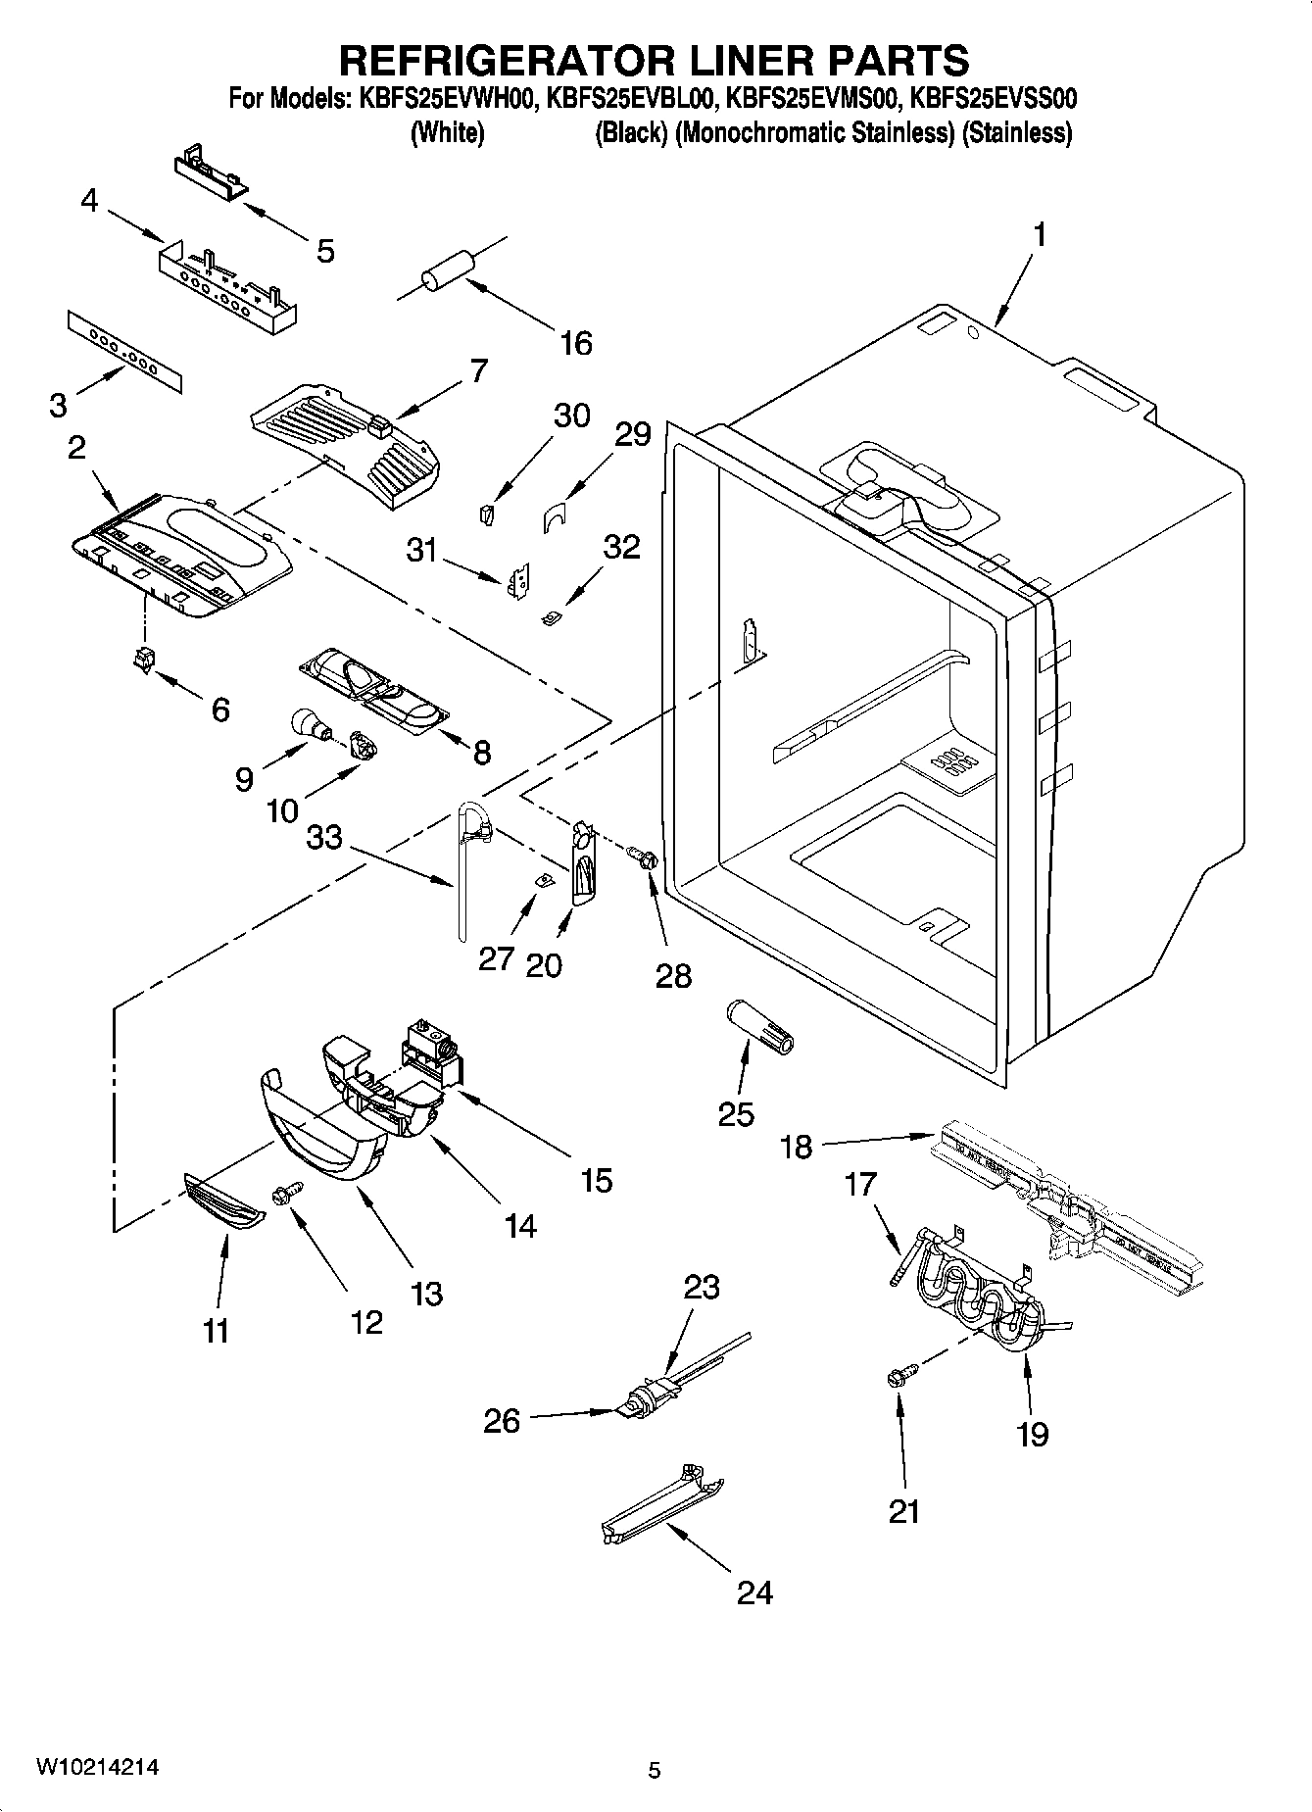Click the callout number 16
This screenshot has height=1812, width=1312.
[576, 343]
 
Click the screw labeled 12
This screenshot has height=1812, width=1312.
[291, 1193]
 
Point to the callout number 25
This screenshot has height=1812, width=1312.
[737, 1114]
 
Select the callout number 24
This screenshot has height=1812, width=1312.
[754, 1592]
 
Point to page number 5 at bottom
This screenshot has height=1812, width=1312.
[655, 1770]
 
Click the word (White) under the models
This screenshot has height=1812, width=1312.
[447, 133]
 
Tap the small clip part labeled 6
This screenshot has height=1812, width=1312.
[144, 661]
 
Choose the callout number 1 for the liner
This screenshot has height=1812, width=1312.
[1039, 235]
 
